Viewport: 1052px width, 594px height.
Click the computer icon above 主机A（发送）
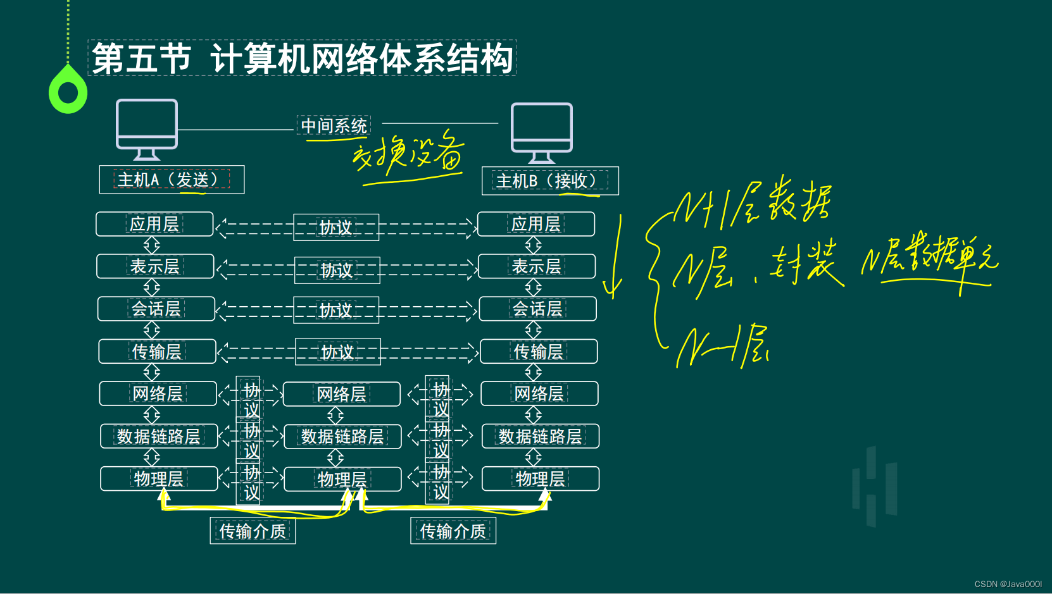coord(147,128)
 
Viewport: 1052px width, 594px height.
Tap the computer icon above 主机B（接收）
coord(542,132)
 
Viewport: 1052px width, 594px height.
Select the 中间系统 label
coord(334,125)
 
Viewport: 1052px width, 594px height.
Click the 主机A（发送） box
coord(172,180)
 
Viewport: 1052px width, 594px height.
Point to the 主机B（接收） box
coord(550,181)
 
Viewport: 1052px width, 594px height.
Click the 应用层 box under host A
coord(154,224)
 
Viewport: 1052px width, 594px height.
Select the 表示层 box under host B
coord(537,266)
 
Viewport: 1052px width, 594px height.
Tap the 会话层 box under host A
coord(156,309)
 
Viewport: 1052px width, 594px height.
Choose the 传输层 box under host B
coord(539,351)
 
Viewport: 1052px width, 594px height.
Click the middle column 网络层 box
coord(342,394)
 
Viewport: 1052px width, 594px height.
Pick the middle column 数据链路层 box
coord(342,436)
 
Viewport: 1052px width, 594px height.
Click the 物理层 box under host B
coord(541,479)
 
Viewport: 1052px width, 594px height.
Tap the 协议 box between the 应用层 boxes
coord(336,227)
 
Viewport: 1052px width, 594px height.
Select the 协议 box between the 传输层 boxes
coord(338,352)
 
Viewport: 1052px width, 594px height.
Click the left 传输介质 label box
coord(253,531)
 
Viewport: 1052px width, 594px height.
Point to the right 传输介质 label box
coord(453,531)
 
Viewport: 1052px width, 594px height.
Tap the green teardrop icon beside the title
coord(68,91)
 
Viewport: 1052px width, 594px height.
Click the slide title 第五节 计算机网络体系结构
coord(302,58)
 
